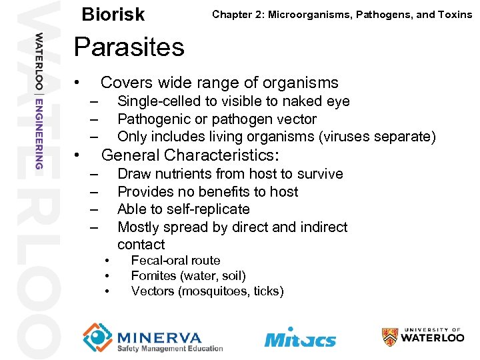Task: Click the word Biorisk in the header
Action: pyautogui.click(x=113, y=15)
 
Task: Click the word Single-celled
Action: pyautogui.click(x=160, y=101)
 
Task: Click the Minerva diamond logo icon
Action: pyautogui.click(x=97, y=337)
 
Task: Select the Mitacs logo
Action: pyautogui.click(x=300, y=337)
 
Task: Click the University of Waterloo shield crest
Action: pyautogui.click(x=390, y=337)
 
